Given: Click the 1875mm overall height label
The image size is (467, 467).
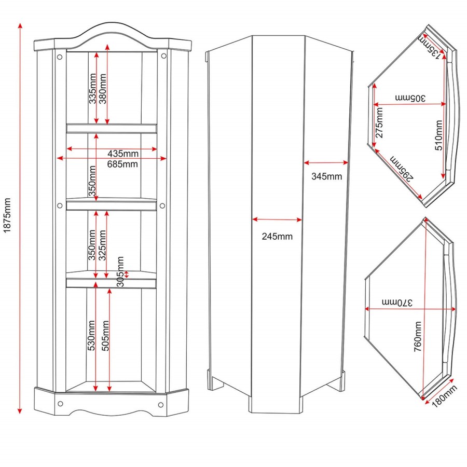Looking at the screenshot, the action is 7,215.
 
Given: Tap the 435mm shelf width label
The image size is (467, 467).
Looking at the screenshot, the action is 122,154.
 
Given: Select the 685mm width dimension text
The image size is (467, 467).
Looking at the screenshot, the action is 122,164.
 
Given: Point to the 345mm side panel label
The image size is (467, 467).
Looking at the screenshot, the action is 326,176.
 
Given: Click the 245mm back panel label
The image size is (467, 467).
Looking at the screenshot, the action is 277,237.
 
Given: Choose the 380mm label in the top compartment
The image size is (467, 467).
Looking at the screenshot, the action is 102,89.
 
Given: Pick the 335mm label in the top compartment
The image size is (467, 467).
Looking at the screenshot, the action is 92,89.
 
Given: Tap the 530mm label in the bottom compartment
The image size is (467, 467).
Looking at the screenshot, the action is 91,335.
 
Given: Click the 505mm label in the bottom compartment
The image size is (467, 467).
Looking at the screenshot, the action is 105,336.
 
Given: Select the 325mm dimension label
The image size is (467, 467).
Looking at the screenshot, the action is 102,245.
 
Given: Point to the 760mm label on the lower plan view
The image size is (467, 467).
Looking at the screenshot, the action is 418,337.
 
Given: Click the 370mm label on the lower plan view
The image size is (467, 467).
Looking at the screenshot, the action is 397,303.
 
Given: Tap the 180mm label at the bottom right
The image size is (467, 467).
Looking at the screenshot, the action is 444,396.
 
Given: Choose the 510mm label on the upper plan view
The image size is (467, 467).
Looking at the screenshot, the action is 438,135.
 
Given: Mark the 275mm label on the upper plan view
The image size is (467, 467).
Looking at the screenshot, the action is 379,122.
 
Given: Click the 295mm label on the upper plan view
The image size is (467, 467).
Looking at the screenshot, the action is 402,168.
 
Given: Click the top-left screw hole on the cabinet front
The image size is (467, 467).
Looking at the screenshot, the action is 60,57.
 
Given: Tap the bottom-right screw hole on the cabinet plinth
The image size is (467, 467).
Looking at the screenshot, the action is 160,404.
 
